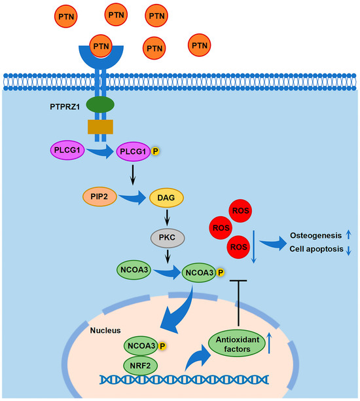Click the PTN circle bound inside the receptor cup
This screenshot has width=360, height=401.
100,46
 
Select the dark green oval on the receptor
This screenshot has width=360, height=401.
100,105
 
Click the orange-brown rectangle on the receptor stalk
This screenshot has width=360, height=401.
100,126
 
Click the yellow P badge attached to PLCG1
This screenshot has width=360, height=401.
156,152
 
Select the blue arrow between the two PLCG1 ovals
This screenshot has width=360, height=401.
99,153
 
